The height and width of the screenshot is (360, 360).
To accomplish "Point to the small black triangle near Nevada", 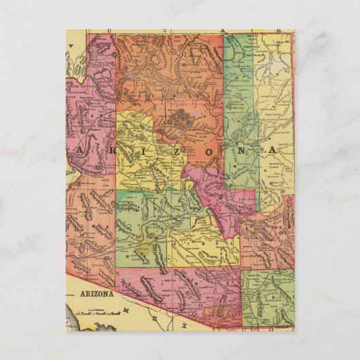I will pyautogui.click(x=69, y=60).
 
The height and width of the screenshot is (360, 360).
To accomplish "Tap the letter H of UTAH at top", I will pyautogui.click(x=278, y=31).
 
